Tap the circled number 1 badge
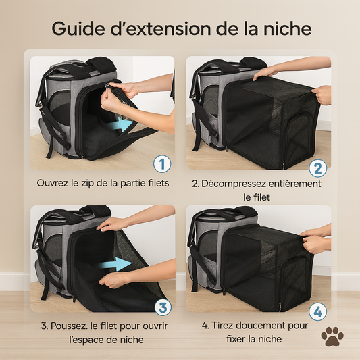point(162,163)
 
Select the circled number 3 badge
point(162,308)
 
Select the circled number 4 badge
point(319,311)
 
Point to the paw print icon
point(332,337)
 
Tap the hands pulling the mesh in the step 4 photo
point(314,241)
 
